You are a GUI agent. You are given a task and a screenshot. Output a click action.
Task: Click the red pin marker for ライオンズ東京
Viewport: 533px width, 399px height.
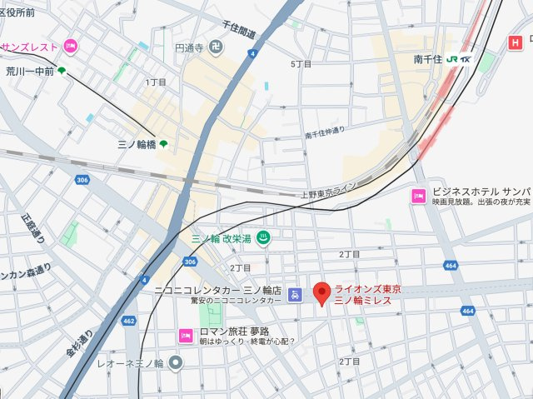(x=321, y=294)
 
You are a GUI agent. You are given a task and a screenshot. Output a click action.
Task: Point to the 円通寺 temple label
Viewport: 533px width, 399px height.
(x=189, y=48)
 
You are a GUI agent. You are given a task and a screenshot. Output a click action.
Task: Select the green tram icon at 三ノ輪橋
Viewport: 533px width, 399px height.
(x=163, y=145)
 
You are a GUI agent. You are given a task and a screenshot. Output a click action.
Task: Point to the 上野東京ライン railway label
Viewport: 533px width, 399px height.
(x=328, y=190)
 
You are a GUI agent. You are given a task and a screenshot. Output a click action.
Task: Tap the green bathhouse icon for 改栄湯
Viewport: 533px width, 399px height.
(x=263, y=237)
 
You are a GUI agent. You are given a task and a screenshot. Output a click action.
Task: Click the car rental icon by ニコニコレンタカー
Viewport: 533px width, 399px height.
(x=294, y=295)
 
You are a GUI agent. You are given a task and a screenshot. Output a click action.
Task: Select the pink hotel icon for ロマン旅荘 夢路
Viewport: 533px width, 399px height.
(x=185, y=335)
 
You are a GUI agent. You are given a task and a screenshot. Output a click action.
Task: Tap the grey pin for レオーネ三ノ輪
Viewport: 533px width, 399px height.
(x=176, y=362)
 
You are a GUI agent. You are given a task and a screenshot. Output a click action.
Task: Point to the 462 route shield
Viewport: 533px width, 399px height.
(x=129, y=320)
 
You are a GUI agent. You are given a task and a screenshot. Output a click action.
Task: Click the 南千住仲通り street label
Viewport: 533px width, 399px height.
(x=324, y=133)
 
